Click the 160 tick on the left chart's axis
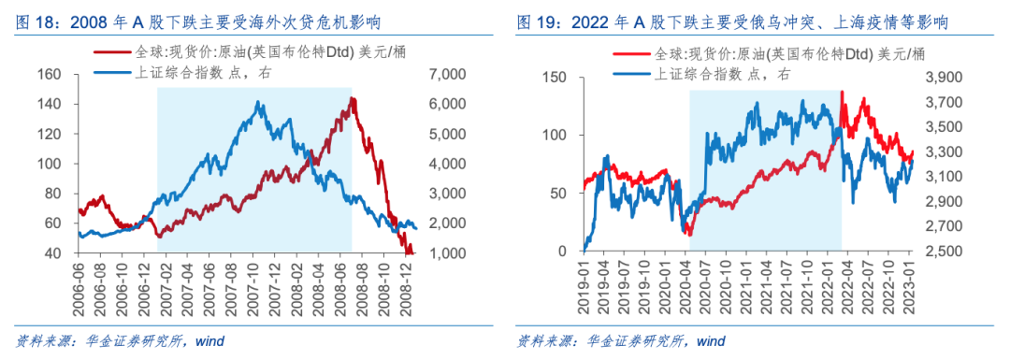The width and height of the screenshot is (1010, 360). tap(50, 74)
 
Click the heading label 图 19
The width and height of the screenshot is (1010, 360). tap(539, 22)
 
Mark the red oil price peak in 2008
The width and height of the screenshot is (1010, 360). tap(351, 98)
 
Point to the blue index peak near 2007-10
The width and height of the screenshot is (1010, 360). tap(258, 101)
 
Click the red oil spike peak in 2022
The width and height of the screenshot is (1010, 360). tap(844, 92)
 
